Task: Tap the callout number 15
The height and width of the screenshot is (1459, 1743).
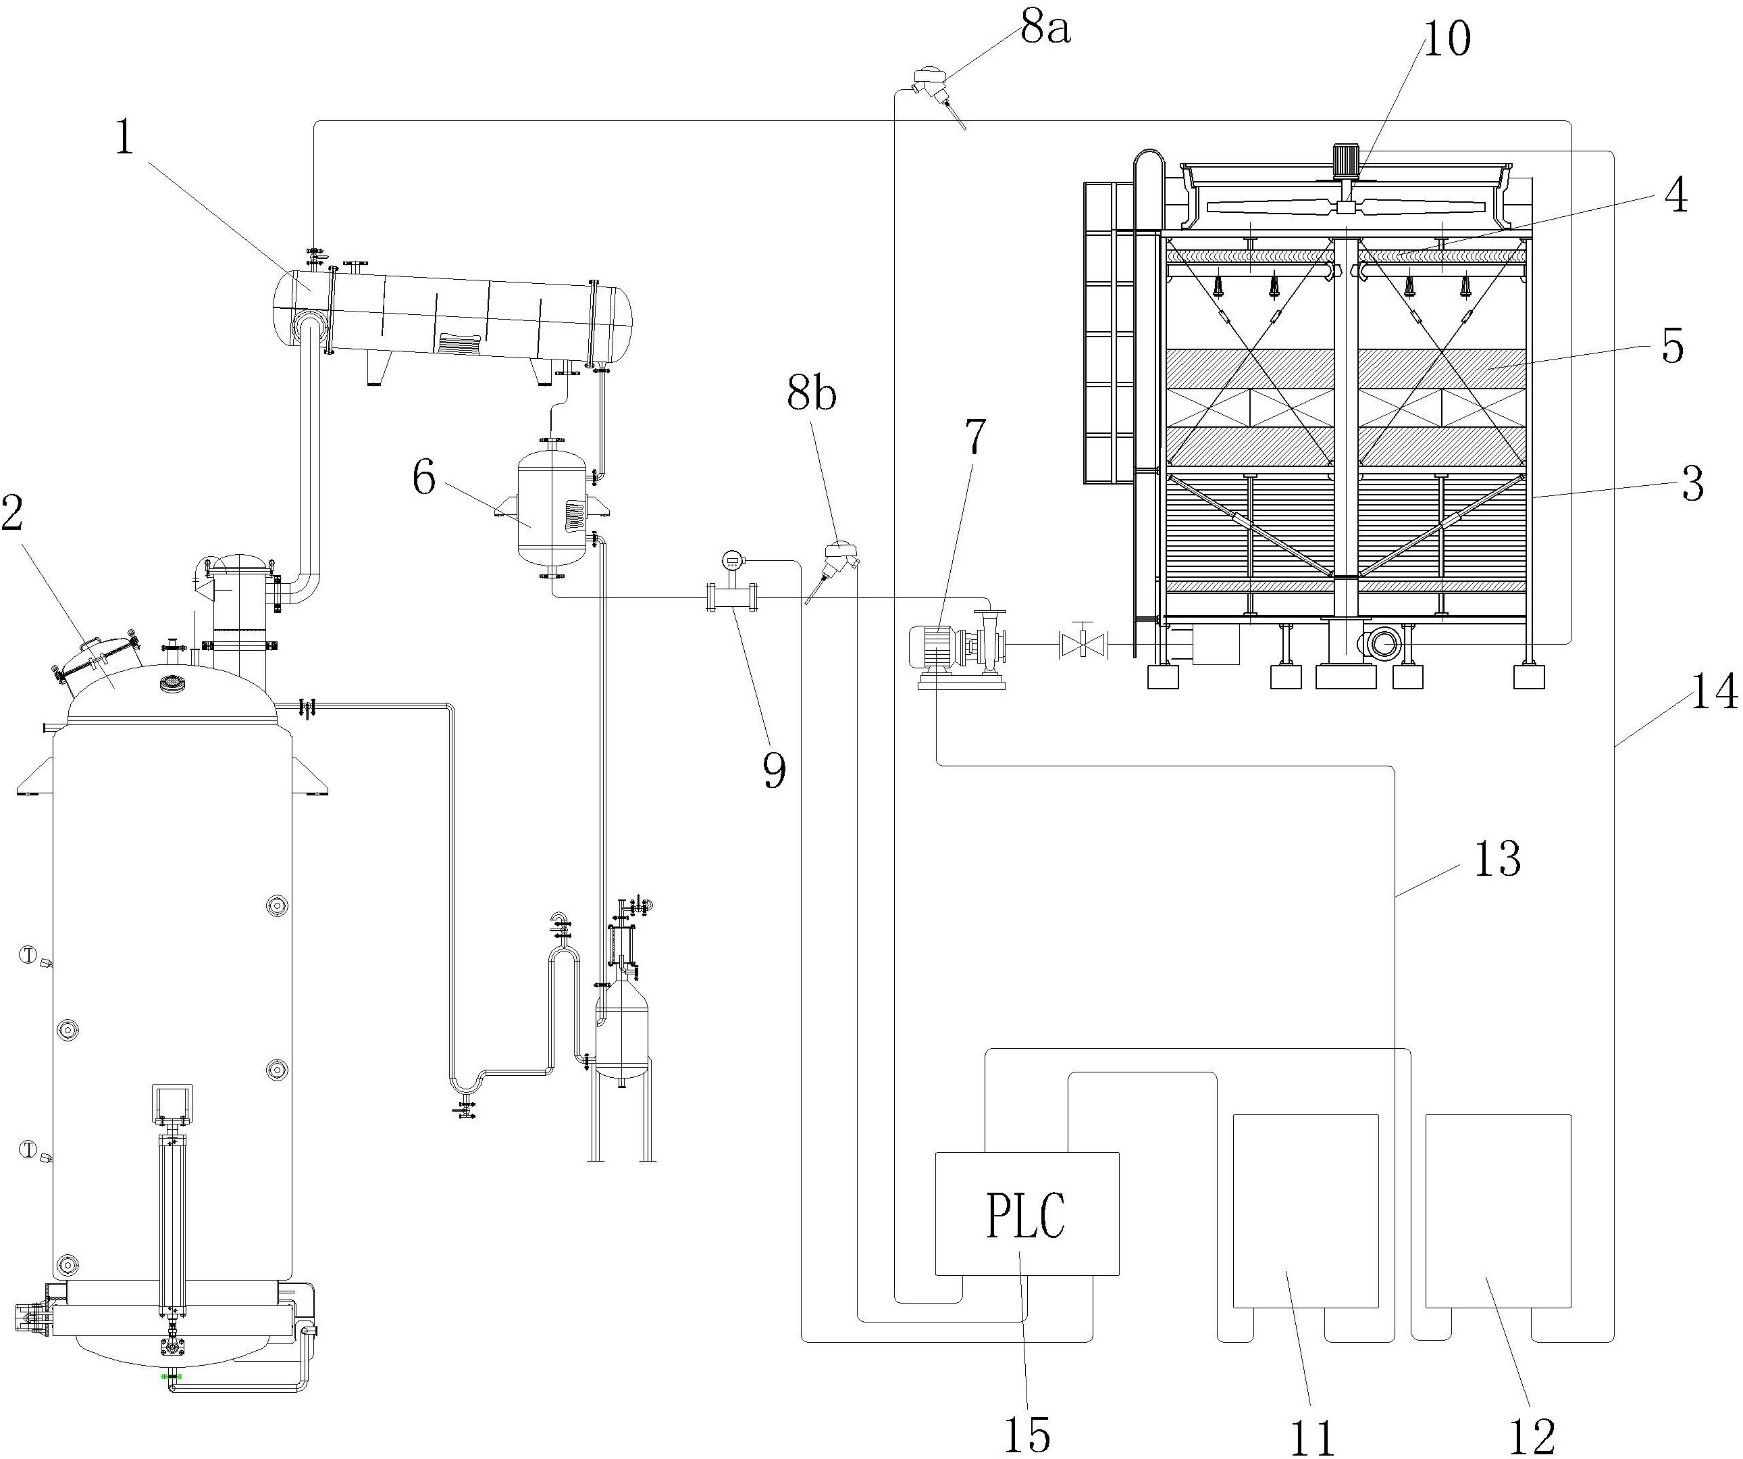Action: [1028, 1433]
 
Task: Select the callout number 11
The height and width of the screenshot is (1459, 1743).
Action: [1312, 1437]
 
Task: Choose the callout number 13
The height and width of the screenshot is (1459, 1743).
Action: [1497, 860]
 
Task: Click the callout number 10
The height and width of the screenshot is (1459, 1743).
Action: [1447, 39]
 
